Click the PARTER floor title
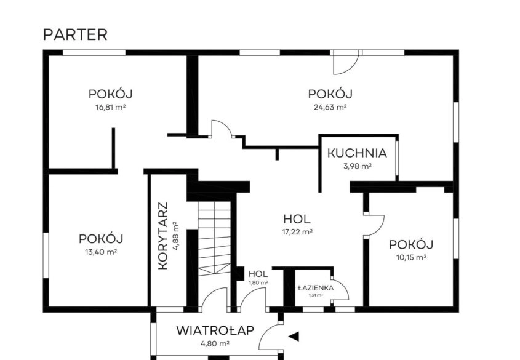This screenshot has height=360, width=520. (75, 35)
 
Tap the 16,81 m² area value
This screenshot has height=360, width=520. (110, 108)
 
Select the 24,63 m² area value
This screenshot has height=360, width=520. (330, 108)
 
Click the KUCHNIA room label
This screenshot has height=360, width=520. (357, 153)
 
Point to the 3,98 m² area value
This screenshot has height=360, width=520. (357, 166)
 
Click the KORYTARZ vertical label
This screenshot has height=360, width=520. (163, 236)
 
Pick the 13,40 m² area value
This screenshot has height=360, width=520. (101, 252)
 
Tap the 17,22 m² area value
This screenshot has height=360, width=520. (297, 232)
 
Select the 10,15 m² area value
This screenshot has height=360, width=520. (411, 257)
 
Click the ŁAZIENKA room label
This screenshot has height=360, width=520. (316, 288)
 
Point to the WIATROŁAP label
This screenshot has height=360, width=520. (215, 330)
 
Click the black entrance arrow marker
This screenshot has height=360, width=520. (294, 337)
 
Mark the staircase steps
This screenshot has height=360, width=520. (214, 238)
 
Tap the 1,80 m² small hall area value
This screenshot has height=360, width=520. (258, 282)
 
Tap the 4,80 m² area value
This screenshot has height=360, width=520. (215, 344)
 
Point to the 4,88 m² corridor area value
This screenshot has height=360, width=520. (176, 235)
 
